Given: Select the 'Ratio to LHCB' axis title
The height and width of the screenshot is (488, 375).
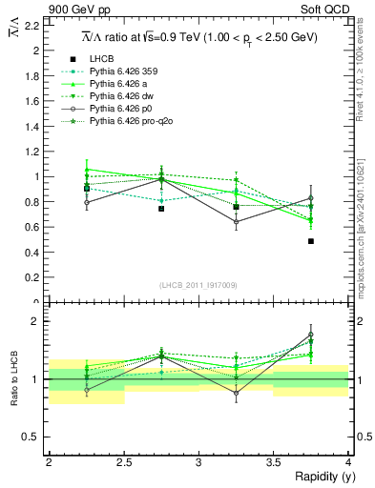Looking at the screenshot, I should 12,380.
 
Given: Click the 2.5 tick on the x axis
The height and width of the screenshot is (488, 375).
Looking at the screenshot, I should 123,462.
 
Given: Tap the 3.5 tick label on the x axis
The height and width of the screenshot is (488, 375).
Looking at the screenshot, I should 273,462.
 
